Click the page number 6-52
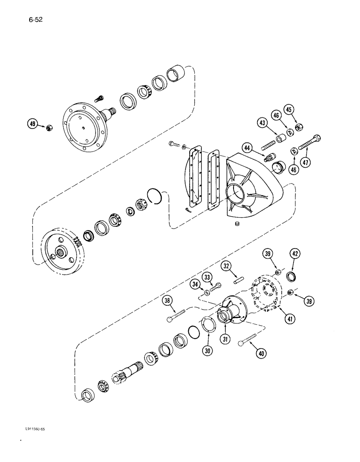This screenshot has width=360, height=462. coord(35,20)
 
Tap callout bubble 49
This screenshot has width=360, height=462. coord(33,123)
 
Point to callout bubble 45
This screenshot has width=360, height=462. coord(302,110)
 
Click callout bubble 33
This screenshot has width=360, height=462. coord(208,277)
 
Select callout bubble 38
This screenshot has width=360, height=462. coord(168,301)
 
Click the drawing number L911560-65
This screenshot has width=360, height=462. coord(35,429)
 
